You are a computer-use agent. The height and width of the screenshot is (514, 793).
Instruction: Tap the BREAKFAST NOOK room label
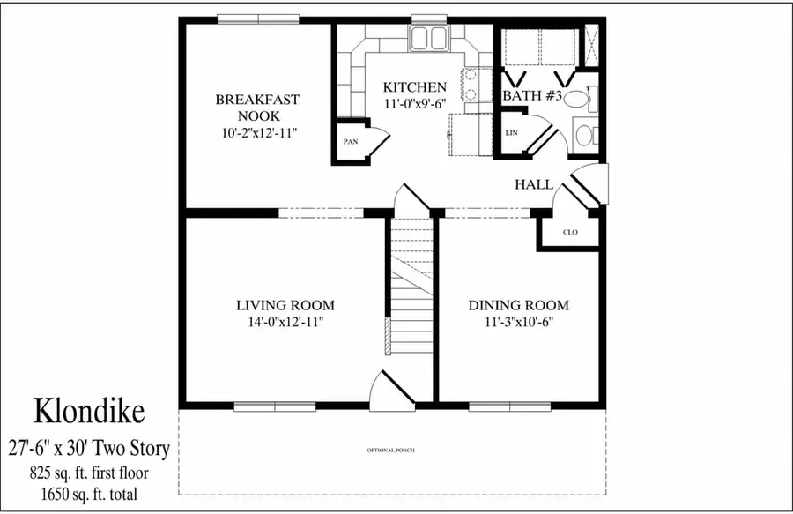click(x=257, y=108)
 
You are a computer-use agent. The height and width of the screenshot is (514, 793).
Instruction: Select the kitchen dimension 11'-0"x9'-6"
click(x=414, y=103)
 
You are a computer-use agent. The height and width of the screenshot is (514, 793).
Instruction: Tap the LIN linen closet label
click(x=511, y=133)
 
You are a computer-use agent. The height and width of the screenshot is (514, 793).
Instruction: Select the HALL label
click(x=534, y=184)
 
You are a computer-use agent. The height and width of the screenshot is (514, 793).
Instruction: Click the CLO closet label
click(x=570, y=233)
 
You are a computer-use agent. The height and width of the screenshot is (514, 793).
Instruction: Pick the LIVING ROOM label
click(x=285, y=305)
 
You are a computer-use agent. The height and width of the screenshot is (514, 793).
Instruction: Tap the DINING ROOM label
click(x=518, y=305)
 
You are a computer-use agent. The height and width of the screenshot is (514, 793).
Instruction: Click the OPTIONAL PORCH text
click(x=390, y=451)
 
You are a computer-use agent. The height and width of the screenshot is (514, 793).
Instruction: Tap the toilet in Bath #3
click(x=577, y=99)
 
